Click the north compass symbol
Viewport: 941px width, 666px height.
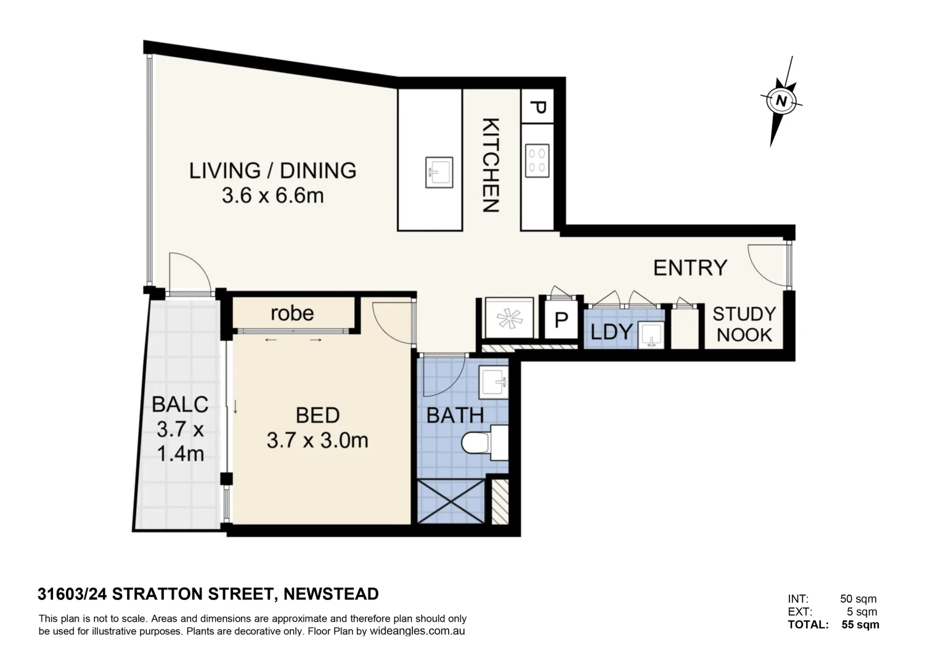click(x=781, y=101)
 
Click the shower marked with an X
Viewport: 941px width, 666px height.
click(x=450, y=501)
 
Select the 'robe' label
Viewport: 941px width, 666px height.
click(x=292, y=313)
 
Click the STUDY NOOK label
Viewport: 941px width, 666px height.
click(x=744, y=324)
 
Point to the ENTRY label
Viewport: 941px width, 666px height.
click(x=690, y=268)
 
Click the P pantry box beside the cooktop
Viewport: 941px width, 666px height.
click(x=537, y=107)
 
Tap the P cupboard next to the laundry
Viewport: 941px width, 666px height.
click(x=561, y=320)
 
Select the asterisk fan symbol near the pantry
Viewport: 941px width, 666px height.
click(x=508, y=319)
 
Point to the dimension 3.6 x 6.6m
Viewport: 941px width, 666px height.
click(x=272, y=196)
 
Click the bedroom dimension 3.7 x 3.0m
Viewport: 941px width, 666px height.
click(x=317, y=440)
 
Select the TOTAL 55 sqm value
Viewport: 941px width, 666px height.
click(x=860, y=624)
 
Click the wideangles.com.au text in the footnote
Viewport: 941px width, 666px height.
click(x=417, y=631)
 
